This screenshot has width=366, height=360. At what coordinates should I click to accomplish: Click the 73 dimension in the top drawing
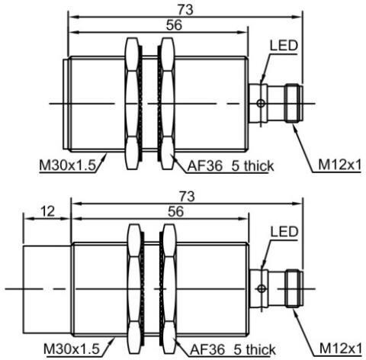(185, 10)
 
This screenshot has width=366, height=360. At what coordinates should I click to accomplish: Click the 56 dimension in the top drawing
(174, 25)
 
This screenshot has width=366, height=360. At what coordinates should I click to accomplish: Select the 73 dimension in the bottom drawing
(187, 196)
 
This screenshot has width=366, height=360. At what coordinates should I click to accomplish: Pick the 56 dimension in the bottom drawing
(175, 212)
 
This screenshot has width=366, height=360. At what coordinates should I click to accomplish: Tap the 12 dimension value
(47, 211)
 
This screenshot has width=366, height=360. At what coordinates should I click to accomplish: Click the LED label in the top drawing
(284, 46)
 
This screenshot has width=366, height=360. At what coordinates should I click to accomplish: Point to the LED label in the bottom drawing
(284, 232)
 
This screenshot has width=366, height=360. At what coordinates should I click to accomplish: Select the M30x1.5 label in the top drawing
(67, 166)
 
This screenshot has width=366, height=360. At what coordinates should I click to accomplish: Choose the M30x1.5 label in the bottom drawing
(72, 349)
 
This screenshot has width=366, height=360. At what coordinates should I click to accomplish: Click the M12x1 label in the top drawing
(339, 165)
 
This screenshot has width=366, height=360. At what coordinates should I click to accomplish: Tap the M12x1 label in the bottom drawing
(340, 349)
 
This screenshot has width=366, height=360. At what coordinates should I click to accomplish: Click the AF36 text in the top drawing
(205, 166)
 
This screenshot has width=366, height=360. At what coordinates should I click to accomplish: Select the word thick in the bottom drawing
(261, 349)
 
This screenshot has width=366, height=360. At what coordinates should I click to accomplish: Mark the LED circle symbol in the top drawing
(261, 104)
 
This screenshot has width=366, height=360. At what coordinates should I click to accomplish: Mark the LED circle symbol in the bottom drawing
(262, 289)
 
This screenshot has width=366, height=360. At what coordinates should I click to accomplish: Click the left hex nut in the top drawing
(133, 104)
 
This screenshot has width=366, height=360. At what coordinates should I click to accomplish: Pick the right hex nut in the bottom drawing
(169, 289)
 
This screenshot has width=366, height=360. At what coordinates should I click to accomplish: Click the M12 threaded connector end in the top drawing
(294, 104)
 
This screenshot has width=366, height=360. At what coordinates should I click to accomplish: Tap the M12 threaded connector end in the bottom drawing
(294, 289)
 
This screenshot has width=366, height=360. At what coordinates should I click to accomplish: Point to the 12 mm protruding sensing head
(47, 289)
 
